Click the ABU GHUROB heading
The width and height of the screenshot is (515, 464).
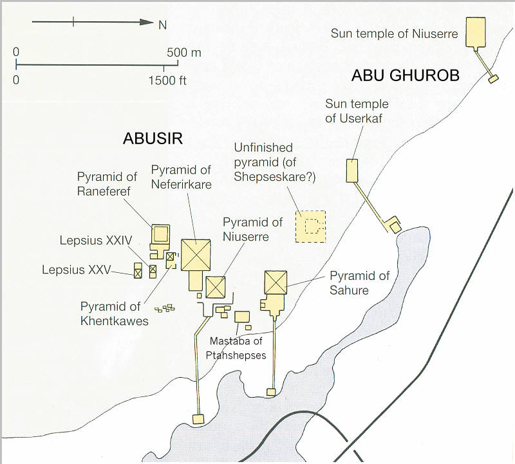tap(405, 75)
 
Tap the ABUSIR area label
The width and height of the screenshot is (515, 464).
tap(154, 139)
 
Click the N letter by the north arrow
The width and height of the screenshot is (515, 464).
tap(164, 24)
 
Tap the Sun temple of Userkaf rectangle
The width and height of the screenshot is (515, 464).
tap(351, 170)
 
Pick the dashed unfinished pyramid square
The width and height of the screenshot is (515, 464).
tap(310, 227)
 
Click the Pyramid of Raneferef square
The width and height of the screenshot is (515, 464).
tap(160, 233)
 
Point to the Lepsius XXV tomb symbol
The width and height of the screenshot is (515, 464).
tap(137, 271)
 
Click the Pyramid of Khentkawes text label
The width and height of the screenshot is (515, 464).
tap(115, 313)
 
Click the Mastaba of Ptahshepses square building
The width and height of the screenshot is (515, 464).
tap(242, 317)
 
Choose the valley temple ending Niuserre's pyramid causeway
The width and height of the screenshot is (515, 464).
tap(199, 420)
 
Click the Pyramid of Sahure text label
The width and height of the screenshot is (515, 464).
tap(360, 283)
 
